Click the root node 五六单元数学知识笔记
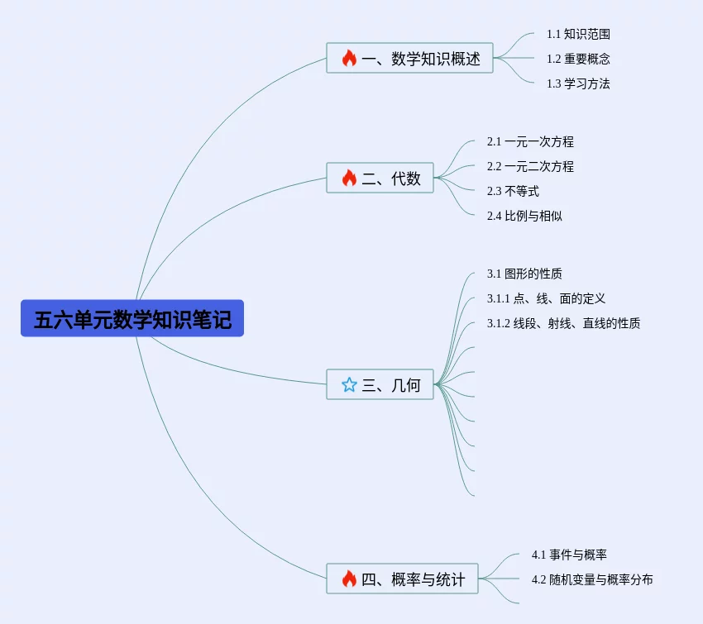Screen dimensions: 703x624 [x=132, y=318]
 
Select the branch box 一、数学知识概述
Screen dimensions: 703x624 [x=409, y=59]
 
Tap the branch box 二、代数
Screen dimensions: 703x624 [x=380, y=178]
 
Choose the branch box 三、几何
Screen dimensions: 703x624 [x=380, y=384]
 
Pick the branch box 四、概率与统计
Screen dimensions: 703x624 [x=402, y=579]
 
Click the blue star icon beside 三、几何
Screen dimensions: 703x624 [x=349, y=384]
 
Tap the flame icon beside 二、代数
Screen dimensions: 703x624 [x=349, y=178]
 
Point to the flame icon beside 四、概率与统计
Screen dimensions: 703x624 [x=349, y=579]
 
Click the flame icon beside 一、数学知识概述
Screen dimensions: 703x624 [x=349, y=59]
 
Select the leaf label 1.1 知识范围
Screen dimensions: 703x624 [x=578, y=34]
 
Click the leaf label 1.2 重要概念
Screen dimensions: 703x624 [x=578, y=59]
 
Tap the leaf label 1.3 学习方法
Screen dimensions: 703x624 [x=578, y=83]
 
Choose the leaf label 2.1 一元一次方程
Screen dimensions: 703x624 [x=530, y=141]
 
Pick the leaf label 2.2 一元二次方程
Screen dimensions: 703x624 [x=530, y=166]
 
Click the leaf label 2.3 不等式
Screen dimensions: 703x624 [x=513, y=191]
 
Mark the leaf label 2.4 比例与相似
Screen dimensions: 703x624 [x=524, y=216]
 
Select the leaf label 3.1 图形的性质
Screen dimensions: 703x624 [x=524, y=274]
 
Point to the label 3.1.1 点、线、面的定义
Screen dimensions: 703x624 [x=546, y=298]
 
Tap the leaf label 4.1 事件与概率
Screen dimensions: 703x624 [x=569, y=555]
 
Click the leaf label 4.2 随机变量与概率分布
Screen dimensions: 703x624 [x=592, y=579]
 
